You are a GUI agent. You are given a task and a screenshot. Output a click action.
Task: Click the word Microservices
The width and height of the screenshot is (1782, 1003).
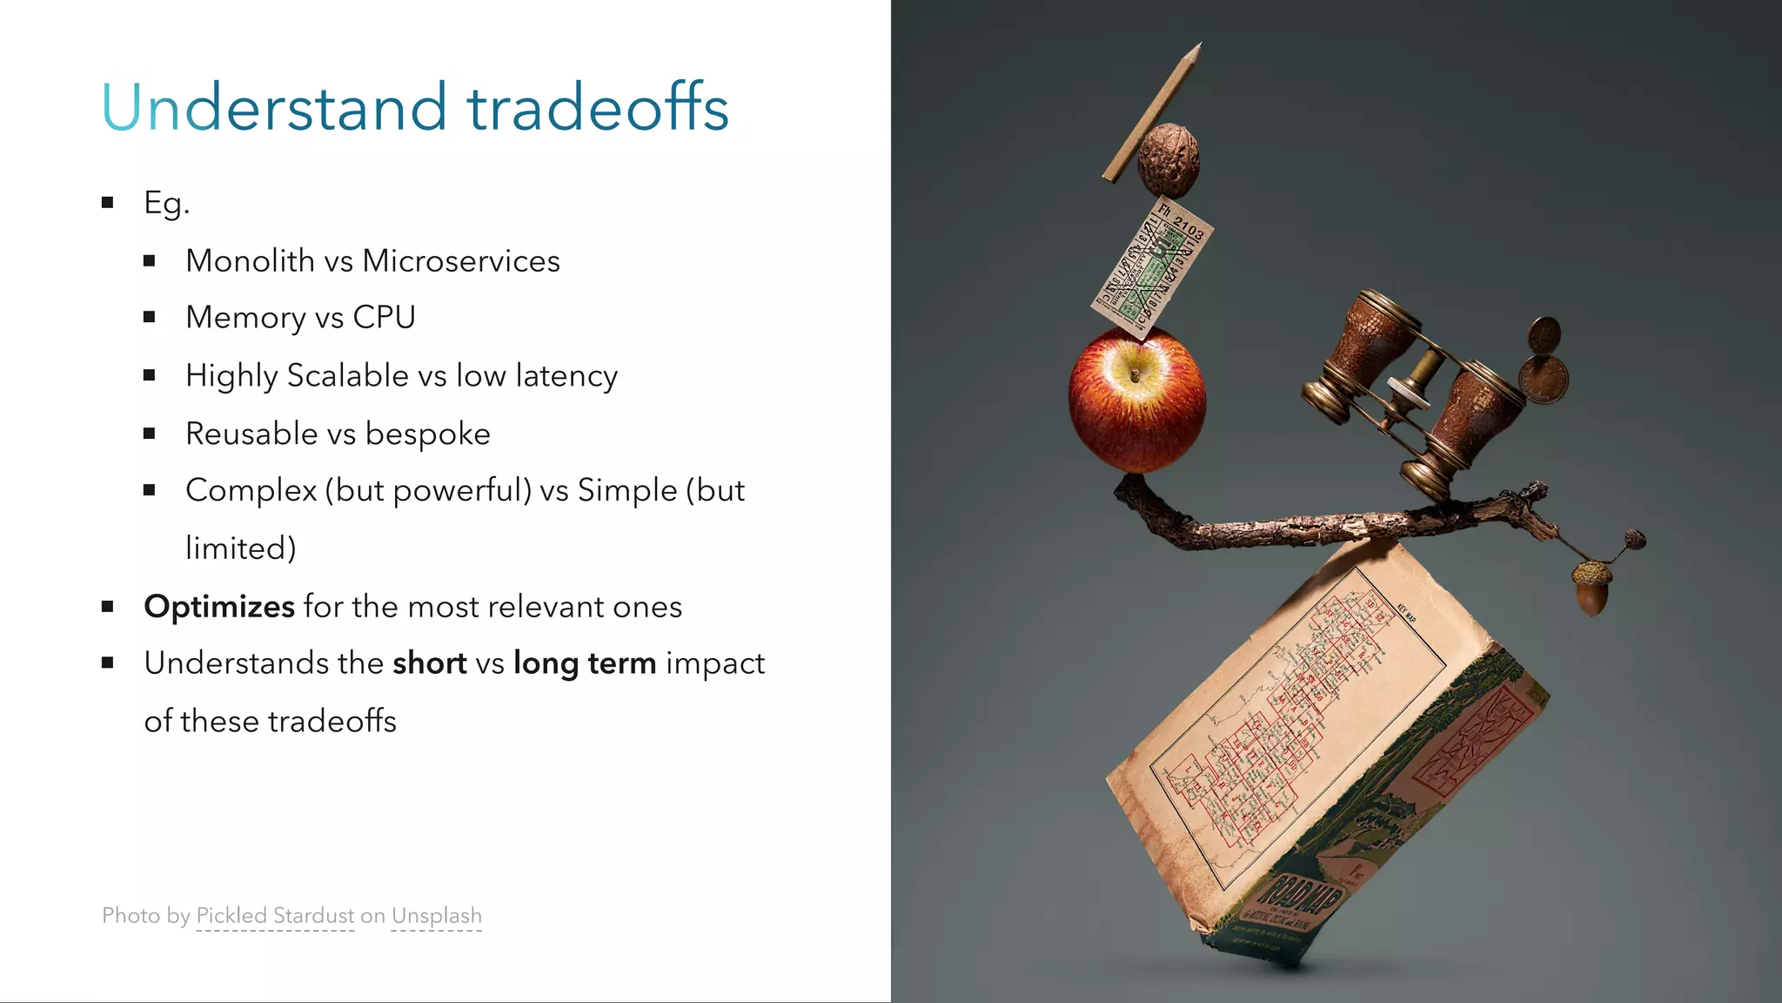click(460, 261)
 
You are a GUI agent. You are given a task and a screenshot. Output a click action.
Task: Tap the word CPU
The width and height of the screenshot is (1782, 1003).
click(384, 318)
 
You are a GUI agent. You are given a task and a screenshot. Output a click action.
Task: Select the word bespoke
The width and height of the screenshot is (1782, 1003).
click(427, 434)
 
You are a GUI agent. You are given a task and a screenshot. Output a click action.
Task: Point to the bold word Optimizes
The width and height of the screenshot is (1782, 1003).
click(219, 607)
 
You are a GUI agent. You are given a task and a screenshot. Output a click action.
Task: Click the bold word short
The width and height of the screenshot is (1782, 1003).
click(429, 663)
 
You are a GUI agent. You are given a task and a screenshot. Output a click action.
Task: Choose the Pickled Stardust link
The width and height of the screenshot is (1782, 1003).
click(275, 916)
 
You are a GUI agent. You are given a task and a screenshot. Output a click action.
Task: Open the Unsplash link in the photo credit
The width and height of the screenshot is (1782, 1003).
click(436, 916)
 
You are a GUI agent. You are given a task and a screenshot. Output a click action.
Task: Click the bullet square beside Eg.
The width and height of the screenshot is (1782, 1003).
click(108, 203)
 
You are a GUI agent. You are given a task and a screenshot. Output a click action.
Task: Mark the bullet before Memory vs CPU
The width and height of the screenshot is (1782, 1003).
click(150, 318)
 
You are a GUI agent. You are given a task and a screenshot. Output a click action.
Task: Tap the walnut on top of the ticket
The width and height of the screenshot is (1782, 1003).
click(1169, 162)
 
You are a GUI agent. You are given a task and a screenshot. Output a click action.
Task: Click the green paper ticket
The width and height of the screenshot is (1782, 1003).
click(1152, 268)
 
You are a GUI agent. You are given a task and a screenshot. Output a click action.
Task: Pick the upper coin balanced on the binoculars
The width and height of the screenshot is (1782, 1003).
click(1544, 334)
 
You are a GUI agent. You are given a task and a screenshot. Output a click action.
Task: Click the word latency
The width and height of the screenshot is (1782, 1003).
click(566, 376)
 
